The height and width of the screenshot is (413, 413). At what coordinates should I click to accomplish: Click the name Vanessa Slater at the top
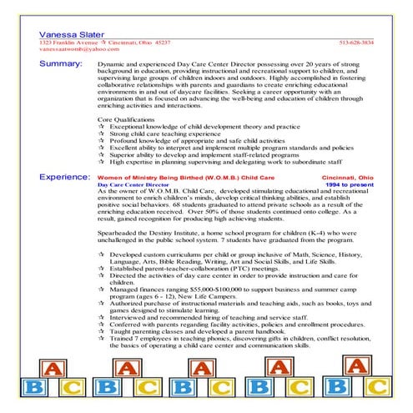pos(68,30)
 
